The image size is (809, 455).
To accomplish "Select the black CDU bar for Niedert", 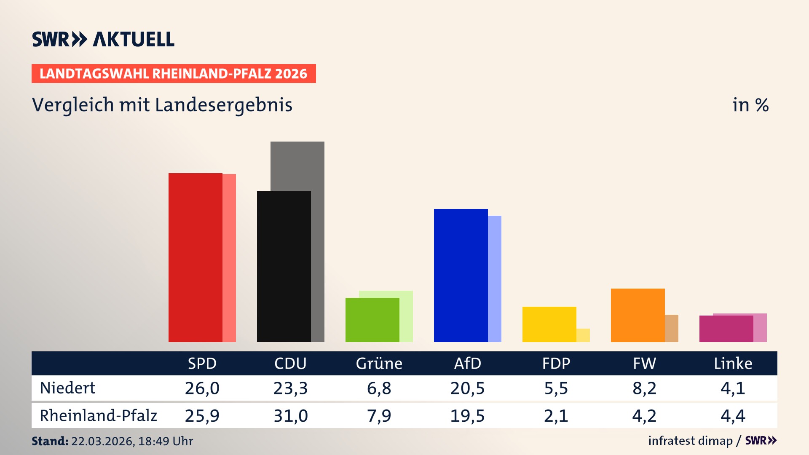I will coord(284,266).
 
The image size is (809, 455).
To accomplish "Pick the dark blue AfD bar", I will coord(461,275).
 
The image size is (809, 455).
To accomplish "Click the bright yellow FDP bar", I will coord(549,324).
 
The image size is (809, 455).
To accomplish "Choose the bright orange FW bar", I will coord(638,315).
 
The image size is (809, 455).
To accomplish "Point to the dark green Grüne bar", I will coord(372,320).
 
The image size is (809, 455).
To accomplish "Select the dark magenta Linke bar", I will coord(726,329).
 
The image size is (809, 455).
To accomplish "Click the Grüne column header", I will coord(379,363).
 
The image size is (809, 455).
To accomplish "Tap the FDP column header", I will coord(556,363).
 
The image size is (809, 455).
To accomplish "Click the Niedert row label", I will coord(67,388).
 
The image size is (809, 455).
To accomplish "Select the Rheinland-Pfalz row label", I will coord(98,416).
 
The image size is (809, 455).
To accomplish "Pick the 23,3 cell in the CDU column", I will coord(290,388).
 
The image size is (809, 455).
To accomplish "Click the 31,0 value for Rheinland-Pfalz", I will coord(290,416).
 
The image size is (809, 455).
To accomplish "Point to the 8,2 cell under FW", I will coord(644,388).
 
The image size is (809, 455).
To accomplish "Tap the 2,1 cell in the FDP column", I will coord(556,416).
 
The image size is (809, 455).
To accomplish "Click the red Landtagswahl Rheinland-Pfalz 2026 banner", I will coord(174,74).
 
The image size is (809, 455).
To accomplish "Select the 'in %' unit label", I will coord(750,105).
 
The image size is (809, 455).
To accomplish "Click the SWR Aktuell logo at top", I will coord(103,39).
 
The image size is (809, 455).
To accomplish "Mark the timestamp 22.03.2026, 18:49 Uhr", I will coord(131,441).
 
